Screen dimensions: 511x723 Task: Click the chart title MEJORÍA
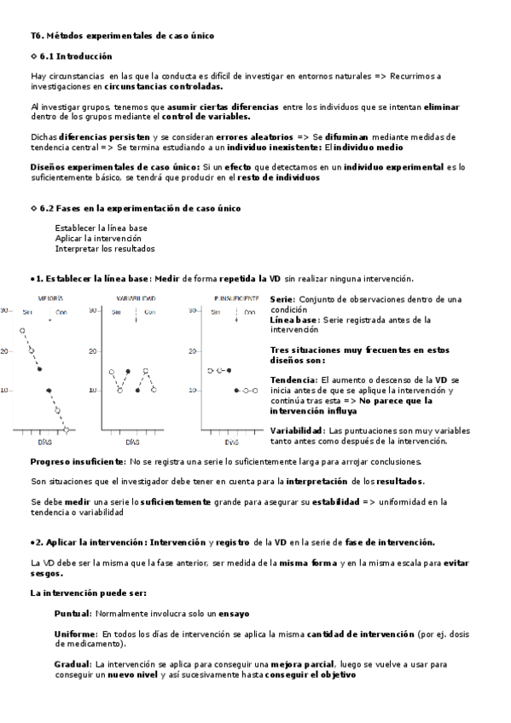click(49, 298)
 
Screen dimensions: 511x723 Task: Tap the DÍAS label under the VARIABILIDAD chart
click(132, 443)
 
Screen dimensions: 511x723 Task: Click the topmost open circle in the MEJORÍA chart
click(23, 329)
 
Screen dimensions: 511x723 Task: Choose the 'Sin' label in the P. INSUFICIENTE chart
click(217, 312)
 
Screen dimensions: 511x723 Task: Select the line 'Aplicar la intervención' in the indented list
click(98, 239)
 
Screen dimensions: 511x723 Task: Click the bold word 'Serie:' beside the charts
click(282, 299)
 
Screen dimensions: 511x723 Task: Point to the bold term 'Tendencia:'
click(293, 379)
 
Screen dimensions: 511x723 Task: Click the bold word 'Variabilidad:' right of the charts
click(297, 431)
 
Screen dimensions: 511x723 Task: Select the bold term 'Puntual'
click(73, 614)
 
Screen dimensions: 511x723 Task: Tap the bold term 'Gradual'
click(73, 663)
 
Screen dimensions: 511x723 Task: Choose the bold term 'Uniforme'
click(75, 634)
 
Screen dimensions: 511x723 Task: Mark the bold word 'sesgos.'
click(48, 573)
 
